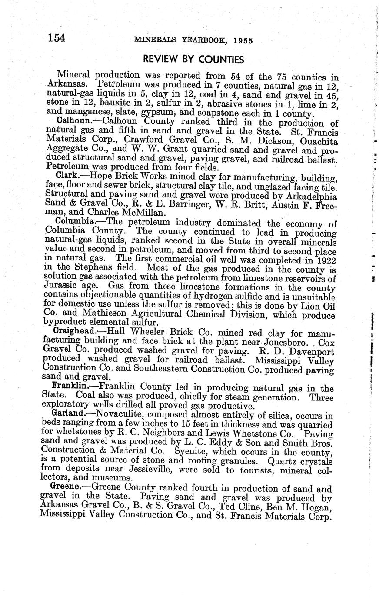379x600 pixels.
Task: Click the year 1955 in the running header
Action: point(243,41)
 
